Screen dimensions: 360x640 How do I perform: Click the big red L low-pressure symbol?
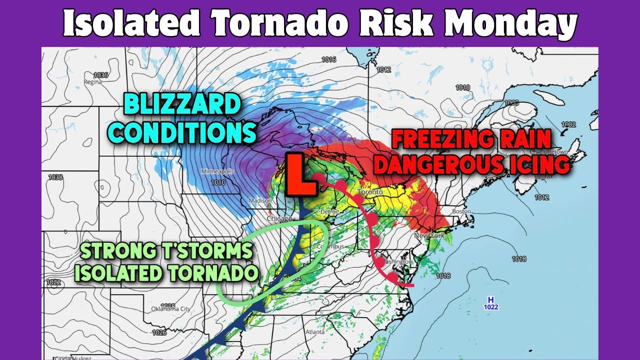tap(301, 174)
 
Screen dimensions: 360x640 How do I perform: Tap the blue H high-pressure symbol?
tap(491, 299)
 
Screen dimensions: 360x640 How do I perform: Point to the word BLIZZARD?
tap(181, 106)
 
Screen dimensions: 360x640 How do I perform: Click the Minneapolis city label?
tap(217, 171)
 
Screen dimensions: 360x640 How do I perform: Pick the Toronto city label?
tap(370, 192)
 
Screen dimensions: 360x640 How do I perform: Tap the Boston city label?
tap(461, 211)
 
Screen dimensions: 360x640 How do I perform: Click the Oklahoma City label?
tap(171, 308)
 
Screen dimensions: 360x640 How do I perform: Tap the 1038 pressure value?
tap(55, 177)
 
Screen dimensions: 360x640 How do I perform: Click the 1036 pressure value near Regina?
tap(100, 75)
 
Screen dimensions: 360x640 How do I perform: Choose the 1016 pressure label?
tap(328, 59)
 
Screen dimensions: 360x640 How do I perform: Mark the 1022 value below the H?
tap(491, 307)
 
